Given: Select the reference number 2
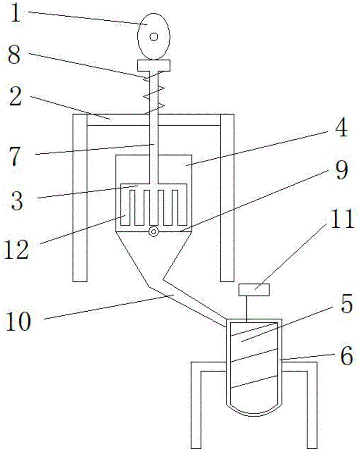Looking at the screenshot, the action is click(x=15, y=97).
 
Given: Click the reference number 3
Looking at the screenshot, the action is click(x=17, y=201).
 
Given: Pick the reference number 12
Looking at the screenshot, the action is click(x=17, y=250).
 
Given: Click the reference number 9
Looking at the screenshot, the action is click(x=342, y=170).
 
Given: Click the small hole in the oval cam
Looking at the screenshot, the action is click(x=154, y=37).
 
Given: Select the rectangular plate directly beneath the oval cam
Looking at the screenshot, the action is click(x=154, y=65).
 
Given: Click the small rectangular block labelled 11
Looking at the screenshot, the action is click(x=254, y=290).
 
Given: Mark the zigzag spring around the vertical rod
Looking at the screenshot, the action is click(x=154, y=92).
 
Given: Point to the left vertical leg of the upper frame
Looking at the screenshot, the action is click(x=80, y=198).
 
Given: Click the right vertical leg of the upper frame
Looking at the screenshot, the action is click(x=227, y=198).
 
